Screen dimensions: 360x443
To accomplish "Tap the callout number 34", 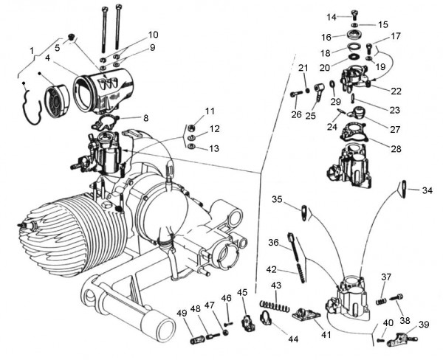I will pos(427,190).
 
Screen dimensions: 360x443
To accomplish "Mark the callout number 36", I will pos(274,242).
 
